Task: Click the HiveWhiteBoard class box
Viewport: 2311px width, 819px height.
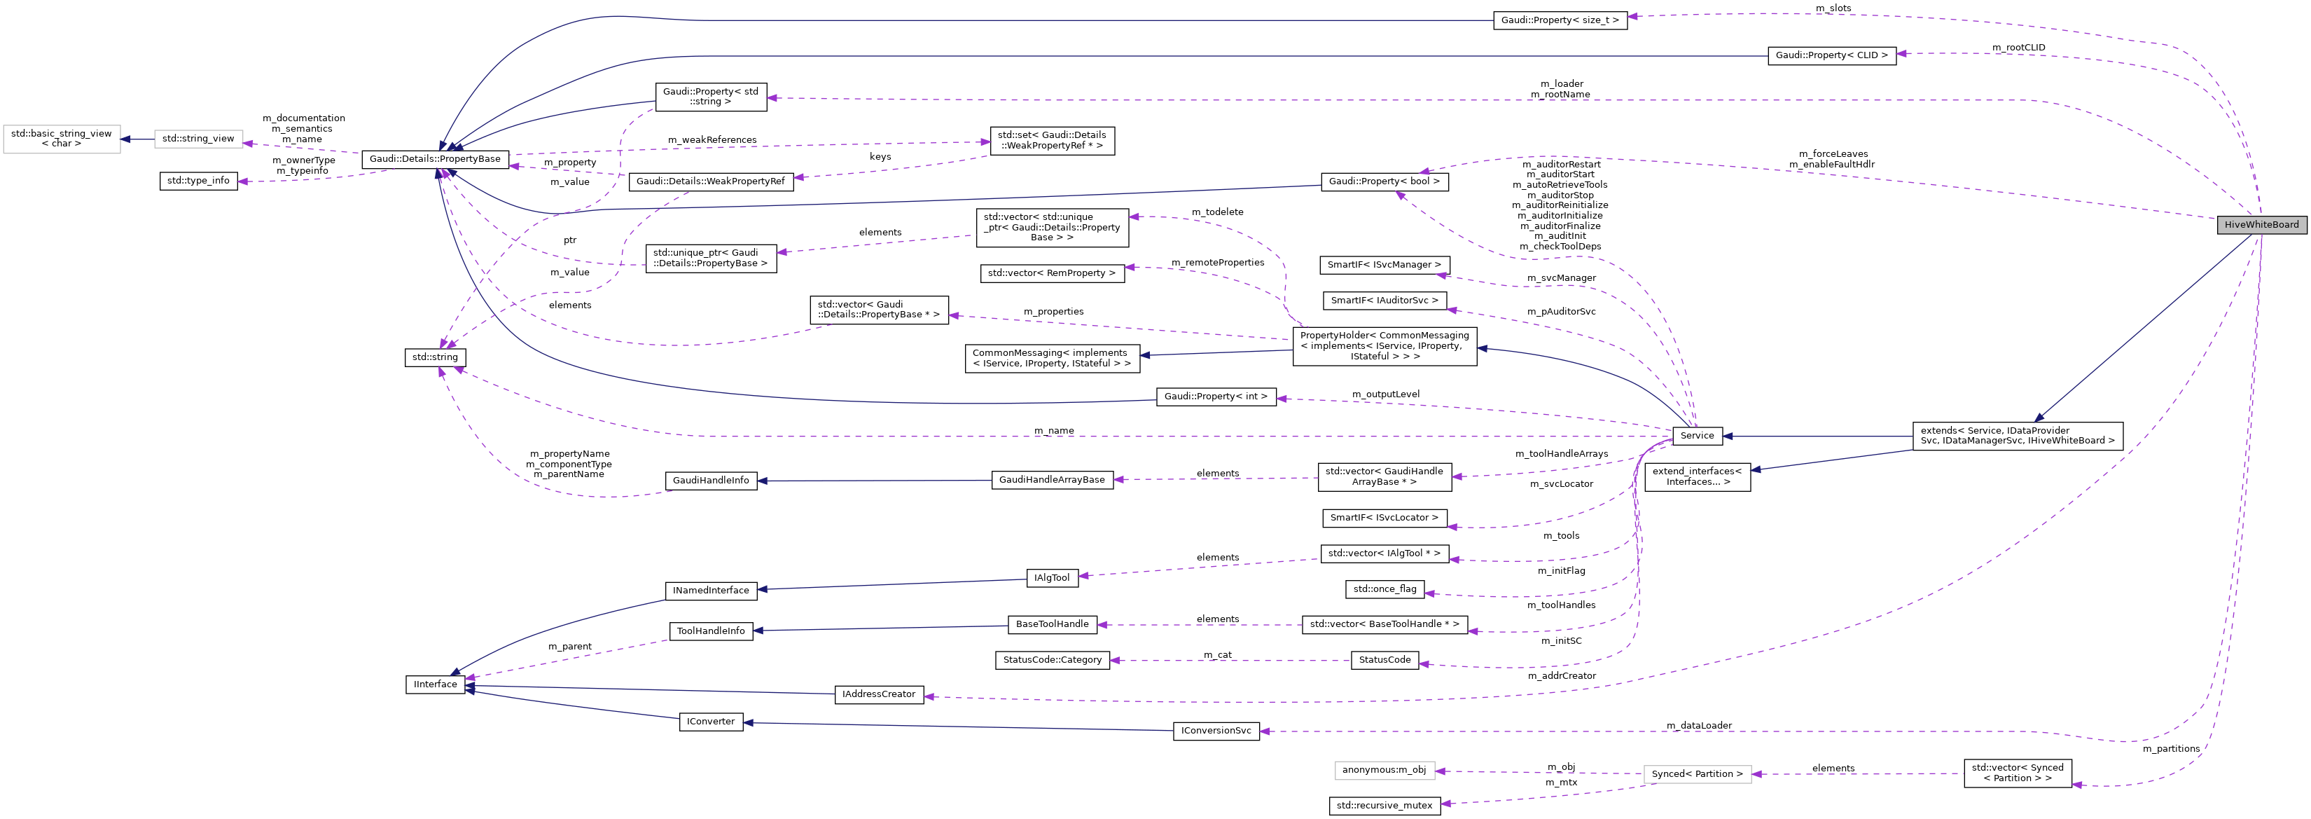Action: (x=2261, y=224)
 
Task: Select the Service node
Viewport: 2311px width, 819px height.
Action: (x=1696, y=436)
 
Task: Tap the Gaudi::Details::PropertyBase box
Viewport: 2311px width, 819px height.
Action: (x=435, y=160)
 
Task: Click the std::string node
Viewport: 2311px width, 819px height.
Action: (x=435, y=358)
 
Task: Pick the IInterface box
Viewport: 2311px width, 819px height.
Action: (x=435, y=684)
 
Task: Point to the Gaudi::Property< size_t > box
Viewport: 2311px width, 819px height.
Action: (x=1560, y=20)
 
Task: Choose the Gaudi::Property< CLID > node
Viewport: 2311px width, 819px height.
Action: (x=1831, y=55)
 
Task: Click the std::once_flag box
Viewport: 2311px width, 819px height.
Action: (x=1384, y=589)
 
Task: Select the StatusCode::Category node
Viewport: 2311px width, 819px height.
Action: (x=1051, y=660)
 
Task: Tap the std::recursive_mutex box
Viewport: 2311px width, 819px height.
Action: (x=1384, y=806)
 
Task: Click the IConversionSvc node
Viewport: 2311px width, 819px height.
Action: (x=1216, y=731)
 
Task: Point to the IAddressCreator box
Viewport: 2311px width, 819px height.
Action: (x=878, y=694)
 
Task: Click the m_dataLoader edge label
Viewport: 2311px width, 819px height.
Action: (x=1698, y=726)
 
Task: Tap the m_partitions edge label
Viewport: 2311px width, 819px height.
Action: (x=2170, y=749)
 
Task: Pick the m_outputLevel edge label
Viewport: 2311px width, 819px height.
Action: (x=1385, y=394)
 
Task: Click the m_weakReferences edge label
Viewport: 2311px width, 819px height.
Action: (x=712, y=140)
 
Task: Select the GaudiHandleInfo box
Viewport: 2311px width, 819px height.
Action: (x=711, y=481)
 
